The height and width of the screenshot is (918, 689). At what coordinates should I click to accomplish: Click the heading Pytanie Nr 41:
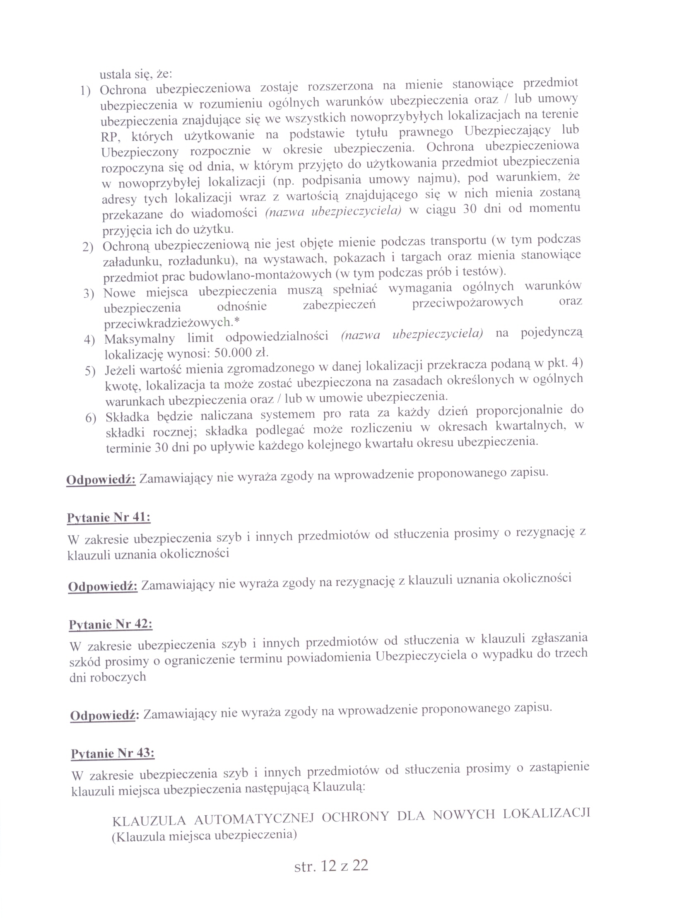click(x=108, y=518)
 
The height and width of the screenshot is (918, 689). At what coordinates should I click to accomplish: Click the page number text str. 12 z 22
click(x=331, y=865)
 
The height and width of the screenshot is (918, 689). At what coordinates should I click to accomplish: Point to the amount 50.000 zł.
click(x=241, y=353)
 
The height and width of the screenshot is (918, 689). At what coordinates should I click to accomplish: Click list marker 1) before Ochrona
click(x=85, y=90)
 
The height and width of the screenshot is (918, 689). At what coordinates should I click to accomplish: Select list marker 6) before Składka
click(x=91, y=417)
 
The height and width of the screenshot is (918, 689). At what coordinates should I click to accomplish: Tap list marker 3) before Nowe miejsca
click(x=89, y=294)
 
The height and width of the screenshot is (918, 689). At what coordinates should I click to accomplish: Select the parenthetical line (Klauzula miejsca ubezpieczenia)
click(x=204, y=835)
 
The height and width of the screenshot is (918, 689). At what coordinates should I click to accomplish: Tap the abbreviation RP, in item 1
click(x=110, y=137)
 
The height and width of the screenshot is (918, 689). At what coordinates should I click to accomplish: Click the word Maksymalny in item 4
click(x=140, y=339)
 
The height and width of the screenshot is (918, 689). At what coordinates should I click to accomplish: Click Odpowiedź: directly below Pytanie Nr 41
click(x=103, y=586)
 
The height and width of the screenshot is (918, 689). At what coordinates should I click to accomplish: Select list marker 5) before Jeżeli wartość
click(x=90, y=371)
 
